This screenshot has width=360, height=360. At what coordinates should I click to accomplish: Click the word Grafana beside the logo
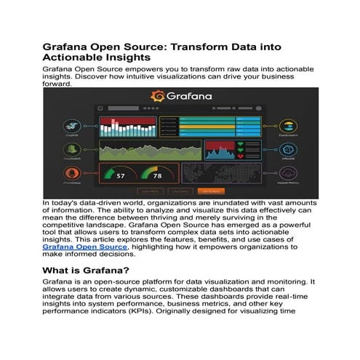pyautogui.click(x=188, y=96)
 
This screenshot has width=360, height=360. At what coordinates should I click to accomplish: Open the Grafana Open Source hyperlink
pyautogui.click(x=84, y=247)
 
